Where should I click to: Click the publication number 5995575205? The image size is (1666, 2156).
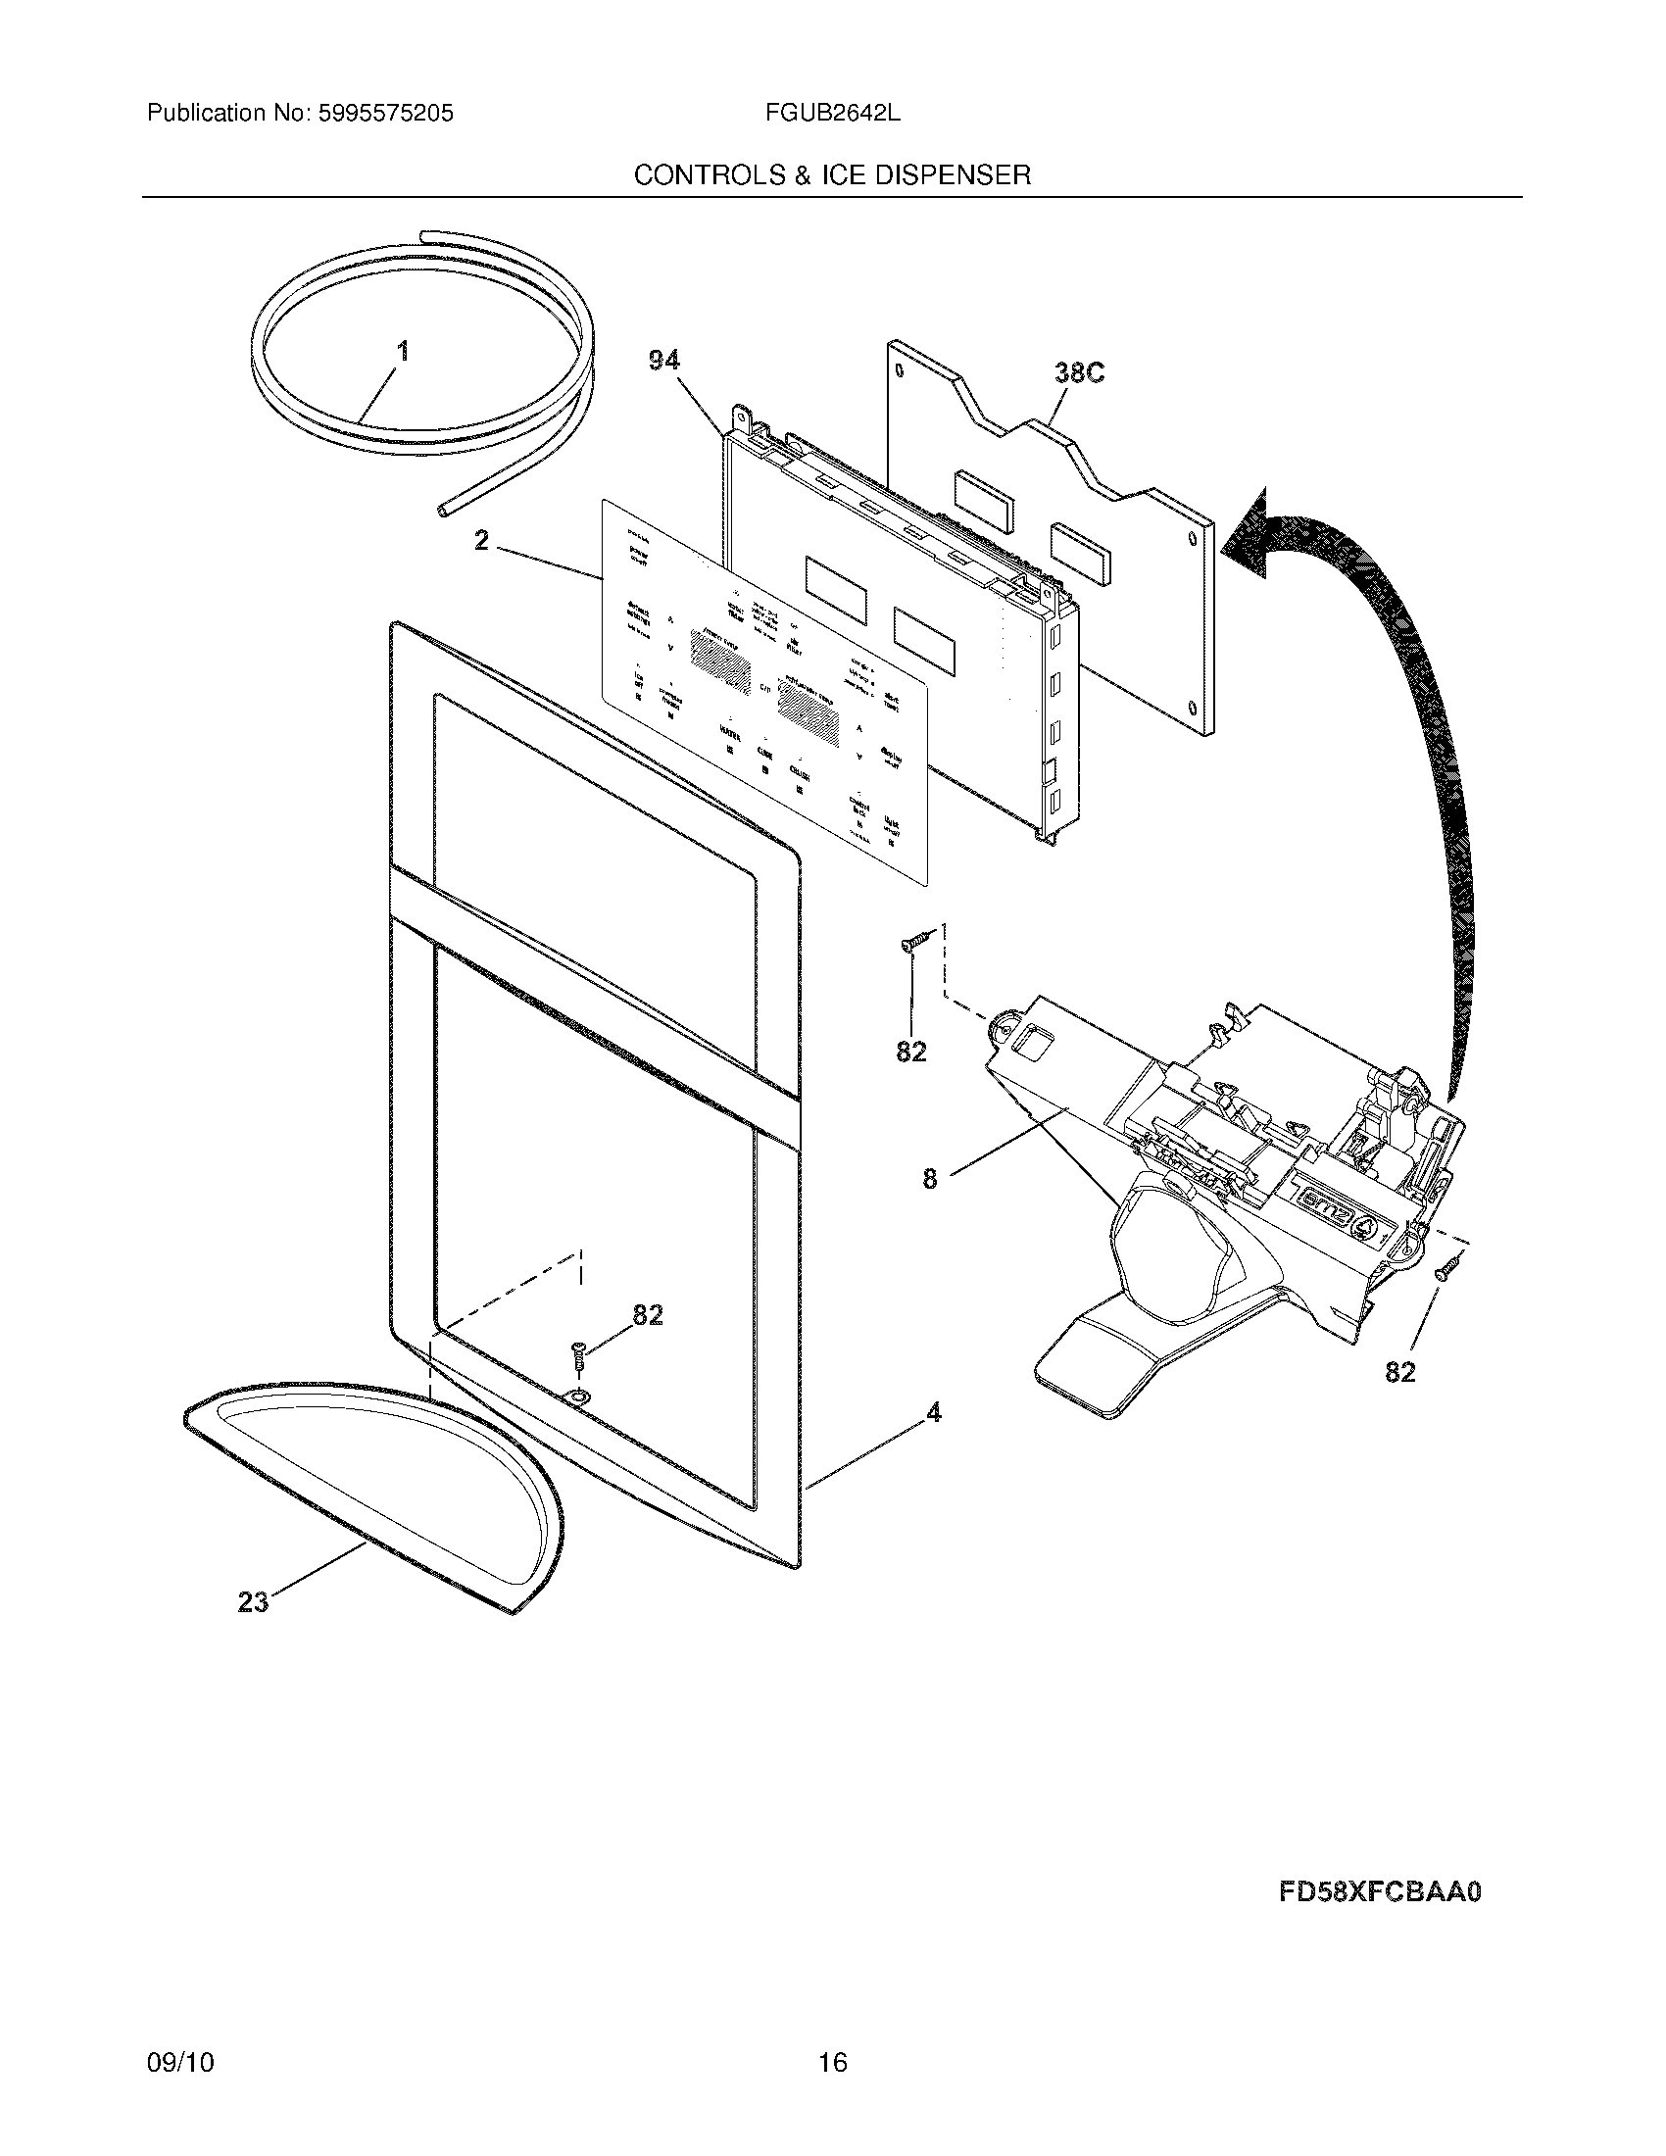point(384,114)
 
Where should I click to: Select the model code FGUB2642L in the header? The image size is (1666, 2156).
point(832,114)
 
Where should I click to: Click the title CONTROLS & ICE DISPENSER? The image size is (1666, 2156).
point(832,175)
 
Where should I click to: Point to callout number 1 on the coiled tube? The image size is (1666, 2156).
point(403,352)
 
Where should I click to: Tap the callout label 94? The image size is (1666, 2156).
point(663,362)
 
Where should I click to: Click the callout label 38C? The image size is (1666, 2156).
point(1079,373)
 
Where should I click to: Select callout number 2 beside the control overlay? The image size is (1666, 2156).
point(480,541)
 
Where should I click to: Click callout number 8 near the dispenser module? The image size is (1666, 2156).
point(929,1178)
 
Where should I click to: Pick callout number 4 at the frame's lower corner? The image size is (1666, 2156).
point(932,1412)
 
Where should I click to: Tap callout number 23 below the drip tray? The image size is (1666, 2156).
point(253,1602)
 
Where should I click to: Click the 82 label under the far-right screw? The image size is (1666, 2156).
point(1399,1372)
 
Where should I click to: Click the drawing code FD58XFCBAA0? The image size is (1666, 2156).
point(1380,1892)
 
